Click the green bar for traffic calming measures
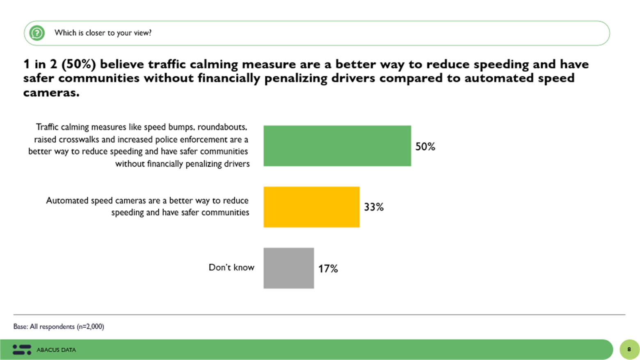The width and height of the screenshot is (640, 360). (337, 146)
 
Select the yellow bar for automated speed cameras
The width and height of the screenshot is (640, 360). (311, 207)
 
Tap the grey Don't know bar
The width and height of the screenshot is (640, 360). (288, 268)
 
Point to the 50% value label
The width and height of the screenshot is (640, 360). (425, 147)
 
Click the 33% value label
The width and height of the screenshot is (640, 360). (374, 207)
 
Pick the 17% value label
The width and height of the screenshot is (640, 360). (328, 269)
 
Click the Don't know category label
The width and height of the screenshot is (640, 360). (231, 267)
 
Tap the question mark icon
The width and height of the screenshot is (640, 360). (37, 33)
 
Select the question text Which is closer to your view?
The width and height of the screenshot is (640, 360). (103, 33)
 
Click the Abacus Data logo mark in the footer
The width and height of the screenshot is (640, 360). (22, 350)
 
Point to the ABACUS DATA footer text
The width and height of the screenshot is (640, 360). (56, 350)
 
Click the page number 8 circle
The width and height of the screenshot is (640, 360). (629, 349)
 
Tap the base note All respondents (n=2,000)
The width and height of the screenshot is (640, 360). (59, 326)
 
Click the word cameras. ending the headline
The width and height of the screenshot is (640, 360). (51, 92)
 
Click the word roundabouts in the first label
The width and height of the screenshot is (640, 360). (222, 127)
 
